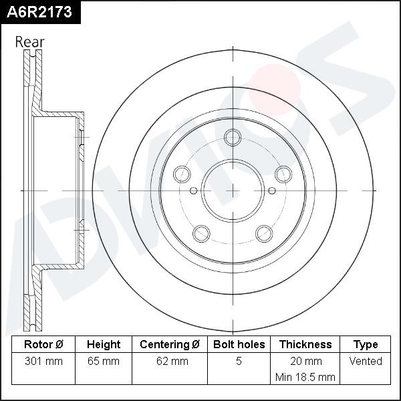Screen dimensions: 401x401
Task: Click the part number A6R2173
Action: (39, 12)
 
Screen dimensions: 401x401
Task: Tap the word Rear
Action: (30, 42)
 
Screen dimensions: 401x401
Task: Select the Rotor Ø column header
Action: (43, 345)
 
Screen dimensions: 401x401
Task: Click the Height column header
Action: (104, 345)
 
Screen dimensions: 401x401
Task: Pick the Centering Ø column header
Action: (170, 345)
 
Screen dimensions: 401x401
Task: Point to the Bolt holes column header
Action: (239, 345)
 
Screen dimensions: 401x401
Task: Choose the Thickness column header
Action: (305, 345)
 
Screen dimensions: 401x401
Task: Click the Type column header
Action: (366, 345)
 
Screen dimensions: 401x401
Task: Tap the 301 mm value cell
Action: (43, 362)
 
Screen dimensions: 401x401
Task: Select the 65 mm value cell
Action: (104, 362)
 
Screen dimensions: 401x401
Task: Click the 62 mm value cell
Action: (170, 362)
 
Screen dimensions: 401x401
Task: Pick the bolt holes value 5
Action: (239, 362)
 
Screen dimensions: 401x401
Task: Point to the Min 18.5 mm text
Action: (305, 377)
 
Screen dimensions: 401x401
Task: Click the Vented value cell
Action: (366, 362)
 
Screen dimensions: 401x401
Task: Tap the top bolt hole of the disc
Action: (233, 138)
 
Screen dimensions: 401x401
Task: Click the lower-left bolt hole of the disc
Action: (200, 233)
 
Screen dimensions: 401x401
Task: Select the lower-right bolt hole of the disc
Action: (265, 233)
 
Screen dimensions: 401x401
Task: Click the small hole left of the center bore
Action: (194, 190)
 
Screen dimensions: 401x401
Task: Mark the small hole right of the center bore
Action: (271, 190)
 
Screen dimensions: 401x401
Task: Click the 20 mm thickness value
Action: (305, 362)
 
